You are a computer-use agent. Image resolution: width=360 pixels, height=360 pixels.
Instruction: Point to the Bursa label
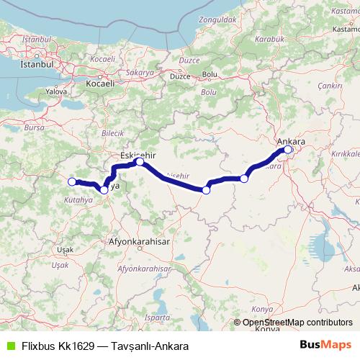pos(34,127)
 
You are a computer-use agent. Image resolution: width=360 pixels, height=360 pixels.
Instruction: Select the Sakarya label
pos(140,73)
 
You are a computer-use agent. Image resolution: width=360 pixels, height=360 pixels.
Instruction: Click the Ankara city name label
pos(291,142)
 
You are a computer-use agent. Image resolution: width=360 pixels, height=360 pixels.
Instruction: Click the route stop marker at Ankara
pos(288,150)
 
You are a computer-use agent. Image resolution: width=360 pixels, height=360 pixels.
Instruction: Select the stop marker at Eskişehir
pos(140,163)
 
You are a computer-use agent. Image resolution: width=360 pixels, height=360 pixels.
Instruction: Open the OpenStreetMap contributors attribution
pos(297,323)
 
